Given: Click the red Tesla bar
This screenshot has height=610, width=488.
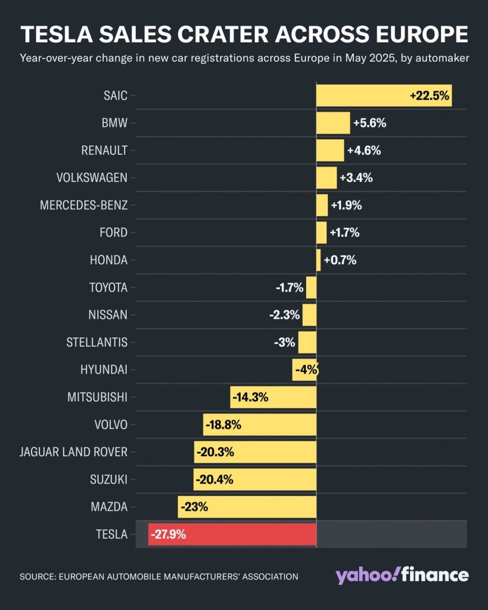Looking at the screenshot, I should (x=232, y=534).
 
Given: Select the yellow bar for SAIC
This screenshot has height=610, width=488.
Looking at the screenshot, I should (x=363, y=95).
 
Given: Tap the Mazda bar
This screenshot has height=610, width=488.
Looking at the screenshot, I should (x=247, y=507).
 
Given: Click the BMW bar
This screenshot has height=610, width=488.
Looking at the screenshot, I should (x=333, y=123).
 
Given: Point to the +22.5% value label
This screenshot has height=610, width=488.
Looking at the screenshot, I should (x=429, y=95).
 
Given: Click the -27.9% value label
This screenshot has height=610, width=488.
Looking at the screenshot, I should (x=169, y=534).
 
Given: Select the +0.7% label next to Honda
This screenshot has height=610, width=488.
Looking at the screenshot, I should (x=340, y=260).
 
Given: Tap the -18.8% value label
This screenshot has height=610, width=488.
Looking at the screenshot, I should (x=223, y=425).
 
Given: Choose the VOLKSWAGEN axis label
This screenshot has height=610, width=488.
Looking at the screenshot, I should (x=92, y=178).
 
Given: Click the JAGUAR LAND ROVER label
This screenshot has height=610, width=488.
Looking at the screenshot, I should (x=73, y=452).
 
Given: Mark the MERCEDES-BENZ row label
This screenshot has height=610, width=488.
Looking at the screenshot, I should (x=83, y=205).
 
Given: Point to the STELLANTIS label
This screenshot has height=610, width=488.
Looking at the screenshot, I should (x=97, y=342).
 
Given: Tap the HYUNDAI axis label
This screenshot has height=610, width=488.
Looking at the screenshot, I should (x=104, y=370).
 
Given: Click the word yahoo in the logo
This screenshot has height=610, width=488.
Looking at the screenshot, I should (x=365, y=575).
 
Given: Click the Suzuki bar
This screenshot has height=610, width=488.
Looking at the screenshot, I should (x=254, y=479).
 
